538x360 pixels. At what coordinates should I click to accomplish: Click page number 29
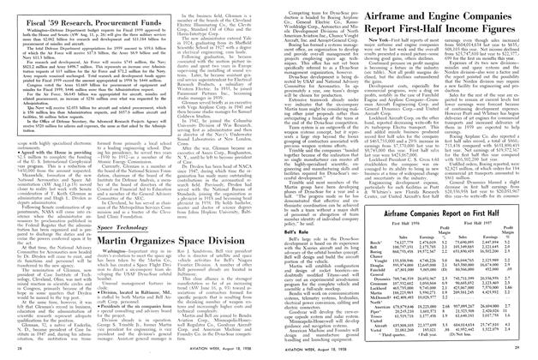529,355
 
